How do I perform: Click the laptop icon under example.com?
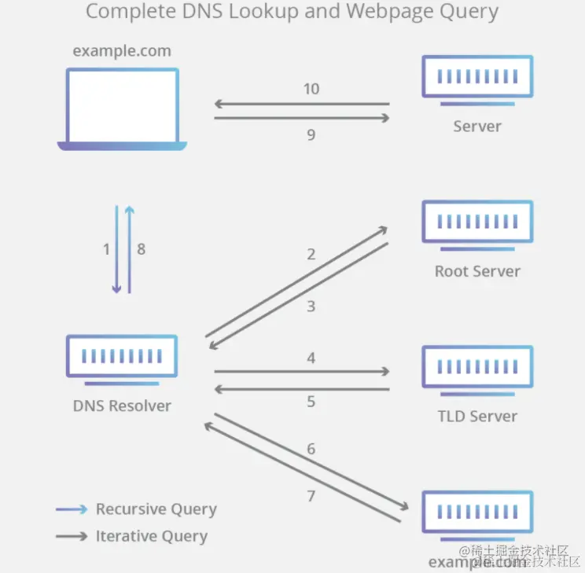point(122,108)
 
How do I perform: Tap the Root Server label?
point(477,272)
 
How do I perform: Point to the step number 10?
point(311,89)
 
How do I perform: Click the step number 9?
point(311,134)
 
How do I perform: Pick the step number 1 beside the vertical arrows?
point(106,249)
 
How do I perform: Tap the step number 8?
point(141,249)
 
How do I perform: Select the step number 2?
point(311,254)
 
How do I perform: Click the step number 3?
point(311,306)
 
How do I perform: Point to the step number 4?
point(311,358)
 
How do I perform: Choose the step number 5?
point(311,402)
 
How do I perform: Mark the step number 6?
point(311,449)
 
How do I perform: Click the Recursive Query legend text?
point(156,509)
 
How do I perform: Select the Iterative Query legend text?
point(151,537)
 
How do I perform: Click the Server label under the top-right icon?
point(477,127)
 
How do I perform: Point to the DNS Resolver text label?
point(122,406)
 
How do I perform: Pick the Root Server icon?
point(477,226)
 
